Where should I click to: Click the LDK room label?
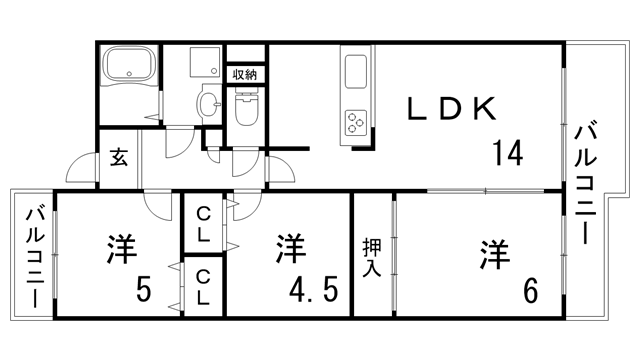pos(450,108)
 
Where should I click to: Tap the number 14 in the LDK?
pos(507,153)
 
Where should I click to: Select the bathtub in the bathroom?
pos(128,68)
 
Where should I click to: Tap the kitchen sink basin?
pos(355,73)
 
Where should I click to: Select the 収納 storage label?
pos(245,74)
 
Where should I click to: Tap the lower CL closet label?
pos(203,286)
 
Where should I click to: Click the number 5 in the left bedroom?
pos(144,291)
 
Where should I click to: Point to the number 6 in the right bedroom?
pos(530,291)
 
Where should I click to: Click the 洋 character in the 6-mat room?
pos(495,253)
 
